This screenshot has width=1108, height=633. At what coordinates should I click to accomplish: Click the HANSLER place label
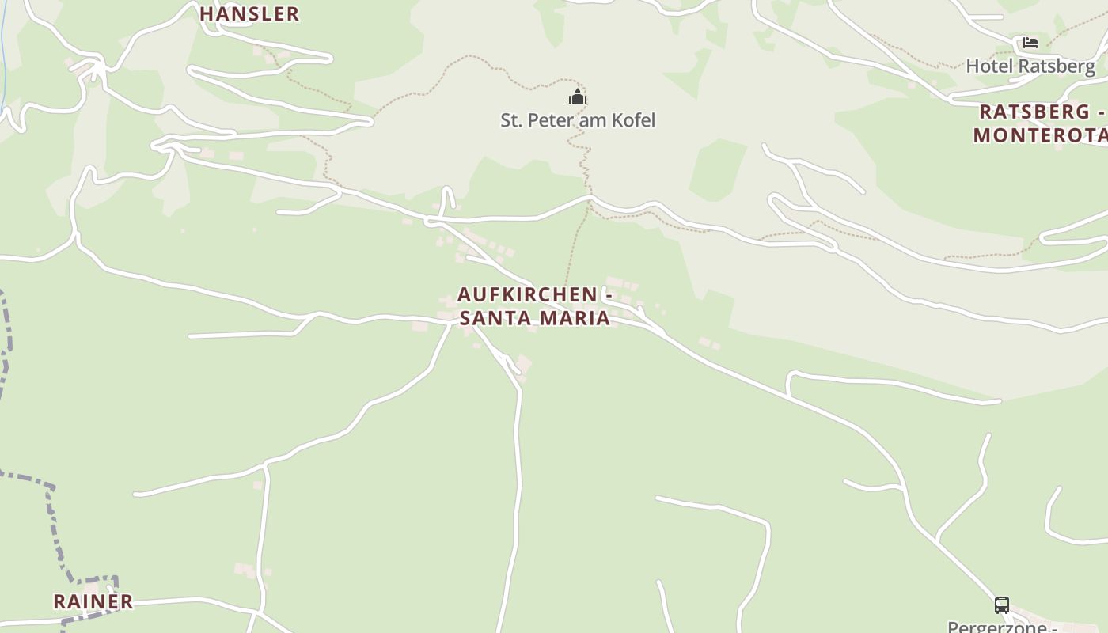click(x=249, y=13)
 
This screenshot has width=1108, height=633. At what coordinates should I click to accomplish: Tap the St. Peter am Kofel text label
click(x=578, y=120)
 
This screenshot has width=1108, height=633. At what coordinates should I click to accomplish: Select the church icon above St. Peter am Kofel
click(x=578, y=97)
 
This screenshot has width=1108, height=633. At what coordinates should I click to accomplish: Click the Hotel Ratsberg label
click(x=1030, y=66)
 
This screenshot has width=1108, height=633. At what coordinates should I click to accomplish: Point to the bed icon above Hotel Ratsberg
click(x=1030, y=43)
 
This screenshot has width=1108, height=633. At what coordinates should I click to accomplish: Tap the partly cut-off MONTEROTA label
click(x=1039, y=135)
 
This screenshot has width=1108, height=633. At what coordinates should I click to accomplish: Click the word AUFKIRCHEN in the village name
click(x=527, y=294)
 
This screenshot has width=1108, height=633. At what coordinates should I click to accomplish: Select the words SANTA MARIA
click(x=534, y=318)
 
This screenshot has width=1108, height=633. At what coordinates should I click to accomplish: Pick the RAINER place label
click(x=93, y=601)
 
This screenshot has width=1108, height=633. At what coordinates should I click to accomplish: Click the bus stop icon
click(x=1001, y=605)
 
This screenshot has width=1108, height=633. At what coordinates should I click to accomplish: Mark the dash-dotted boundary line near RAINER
click(x=52, y=514)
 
